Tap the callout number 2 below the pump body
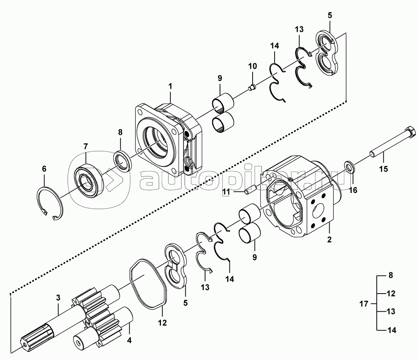click(x=329, y=239)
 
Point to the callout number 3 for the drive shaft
click(x=58, y=298)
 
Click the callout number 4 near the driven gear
click(x=129, y=340)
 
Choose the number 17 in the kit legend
click(x=364, y=304)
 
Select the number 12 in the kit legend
click(x=391, y=294)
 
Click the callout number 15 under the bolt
click(x=383, y=169)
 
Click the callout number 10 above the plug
click(x=253, y=66)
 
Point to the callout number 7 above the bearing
click(x=86, y=146)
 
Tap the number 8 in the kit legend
click(x=391, y=275)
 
